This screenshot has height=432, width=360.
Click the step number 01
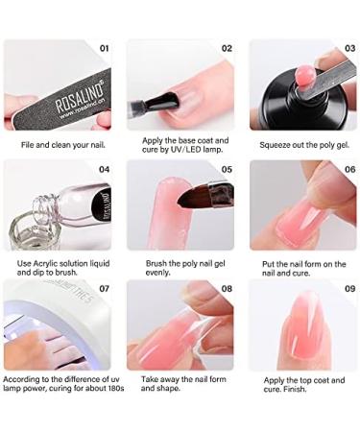coord(105,47)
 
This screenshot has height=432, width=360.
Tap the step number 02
coord(228,47)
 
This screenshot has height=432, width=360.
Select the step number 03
coord(348,47)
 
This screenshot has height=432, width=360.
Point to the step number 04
coord(105,169)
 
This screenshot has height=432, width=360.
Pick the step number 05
coord(228,169)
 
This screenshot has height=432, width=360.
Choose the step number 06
coord(348,169)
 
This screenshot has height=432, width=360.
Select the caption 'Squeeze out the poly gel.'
coord(303,145)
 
